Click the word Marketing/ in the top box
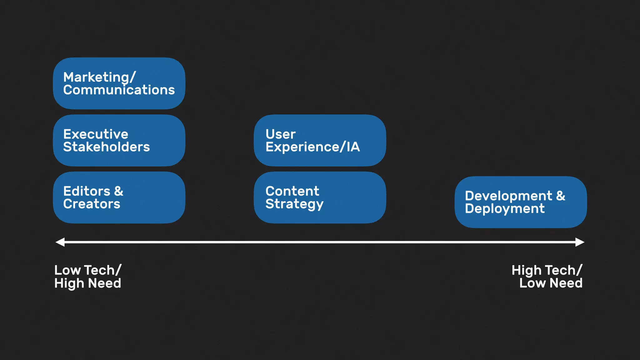(x=99, y=77)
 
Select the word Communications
(x=119, y=90)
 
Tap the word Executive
(x=96, y=134)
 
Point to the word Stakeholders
(x=106, y=147)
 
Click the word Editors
(x=87, y=191)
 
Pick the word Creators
(x=92, y=204)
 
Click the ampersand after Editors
(x=119, y=191)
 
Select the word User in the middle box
(x=280, y=134)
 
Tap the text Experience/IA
(x=312, y=147)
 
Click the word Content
(x=292, y=191)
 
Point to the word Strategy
(x=294, y=204)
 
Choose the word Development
(x=508, y=196)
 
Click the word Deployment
(x=505, y=209)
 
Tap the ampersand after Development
(x=561, y=196)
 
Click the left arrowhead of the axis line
(x=60, y=242)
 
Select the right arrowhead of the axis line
(x=580, y=242)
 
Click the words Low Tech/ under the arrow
(x=87, y=270)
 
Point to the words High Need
(x=87, y=283)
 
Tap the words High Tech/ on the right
(x=547, y=270)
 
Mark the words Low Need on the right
(x=551, y=283)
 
